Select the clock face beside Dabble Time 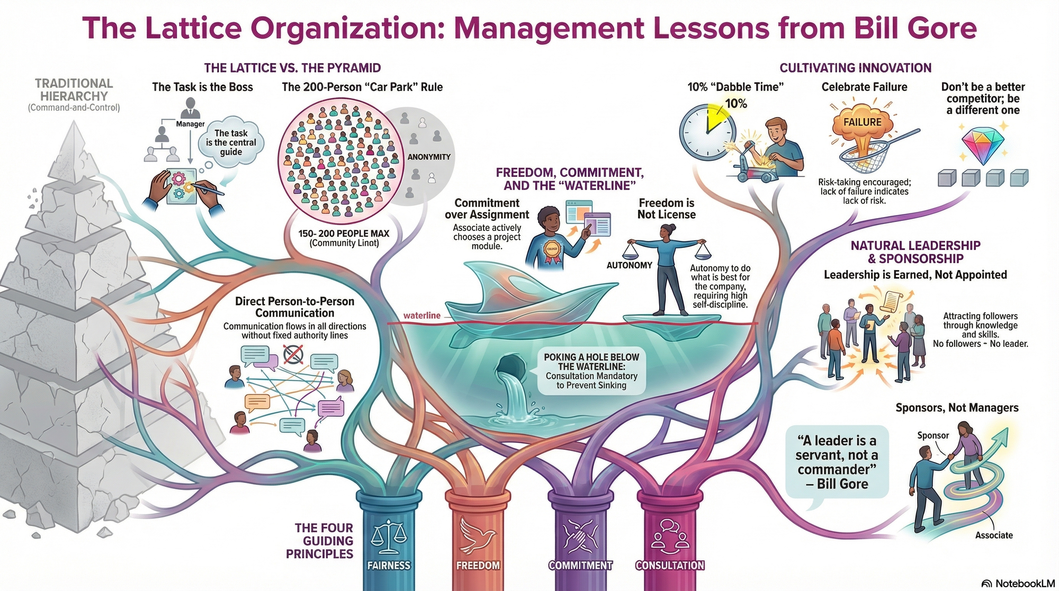tap(707, 132)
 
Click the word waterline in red tap(421, 316)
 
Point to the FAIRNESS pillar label tap(389, 566)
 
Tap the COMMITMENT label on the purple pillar tap(580, 566)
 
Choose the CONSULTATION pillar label tap(670, 566)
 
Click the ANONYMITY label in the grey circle tap(429, 157)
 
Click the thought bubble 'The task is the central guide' tap(231, 142)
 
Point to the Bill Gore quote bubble tap(837, 462)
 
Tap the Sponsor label tap(933, 435)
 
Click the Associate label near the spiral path tap(994, 535)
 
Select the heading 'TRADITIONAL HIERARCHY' tap(74, 90)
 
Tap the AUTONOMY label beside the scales tap(629, 265)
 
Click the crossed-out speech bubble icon tap(293, 354)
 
